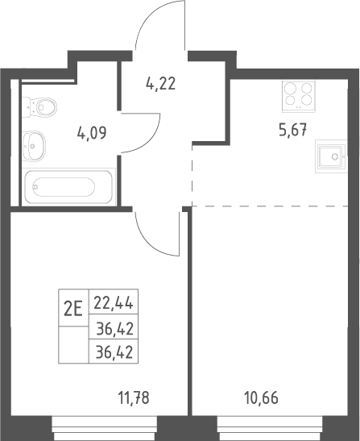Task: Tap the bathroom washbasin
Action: click(34, 146)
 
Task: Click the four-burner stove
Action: click(299, 95)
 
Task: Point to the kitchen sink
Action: click(331, 156)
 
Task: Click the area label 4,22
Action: click(161, 84)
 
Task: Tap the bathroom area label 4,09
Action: click(92, 133)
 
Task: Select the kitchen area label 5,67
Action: click(292, 131)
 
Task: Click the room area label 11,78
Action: click(134, 398)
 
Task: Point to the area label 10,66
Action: click(262, 398)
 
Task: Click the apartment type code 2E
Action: click(73, 309)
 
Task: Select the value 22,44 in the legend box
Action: click(114, 303)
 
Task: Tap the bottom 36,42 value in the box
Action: click(114, 352)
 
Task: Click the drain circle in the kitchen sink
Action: click(335, 156)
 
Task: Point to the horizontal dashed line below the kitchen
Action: click(270, 206)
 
